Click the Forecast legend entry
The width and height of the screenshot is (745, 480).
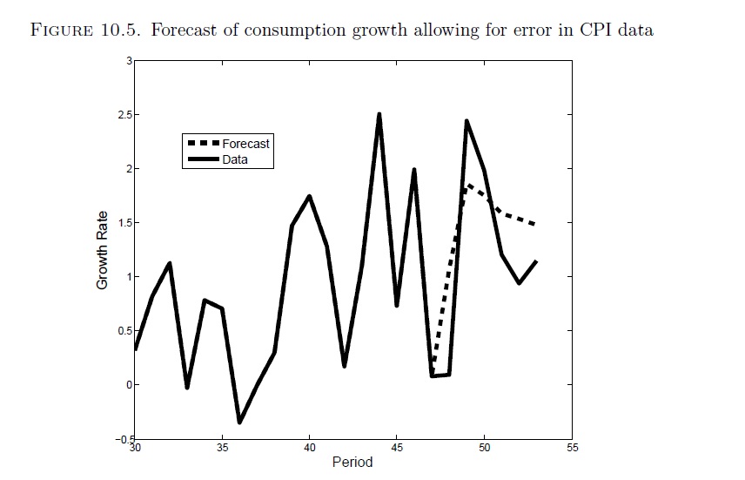pos(245,144)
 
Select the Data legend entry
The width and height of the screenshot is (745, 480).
pos(235,159)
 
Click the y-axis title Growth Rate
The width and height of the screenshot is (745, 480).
pos(103,250)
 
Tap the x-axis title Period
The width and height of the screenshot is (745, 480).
pos(352,462)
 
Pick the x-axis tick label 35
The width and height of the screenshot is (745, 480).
pos(222,447)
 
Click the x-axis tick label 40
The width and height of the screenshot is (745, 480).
pos(310,447)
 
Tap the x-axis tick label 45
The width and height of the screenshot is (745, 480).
pos(397,447)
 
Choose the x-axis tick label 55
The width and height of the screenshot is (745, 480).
pos(572,447)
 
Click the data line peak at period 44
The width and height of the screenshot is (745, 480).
pos(379,114)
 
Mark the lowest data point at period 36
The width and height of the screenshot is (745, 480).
pos(239,423)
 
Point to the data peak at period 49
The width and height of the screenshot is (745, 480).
pos(467,121)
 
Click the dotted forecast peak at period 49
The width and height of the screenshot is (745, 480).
pos(468,185)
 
